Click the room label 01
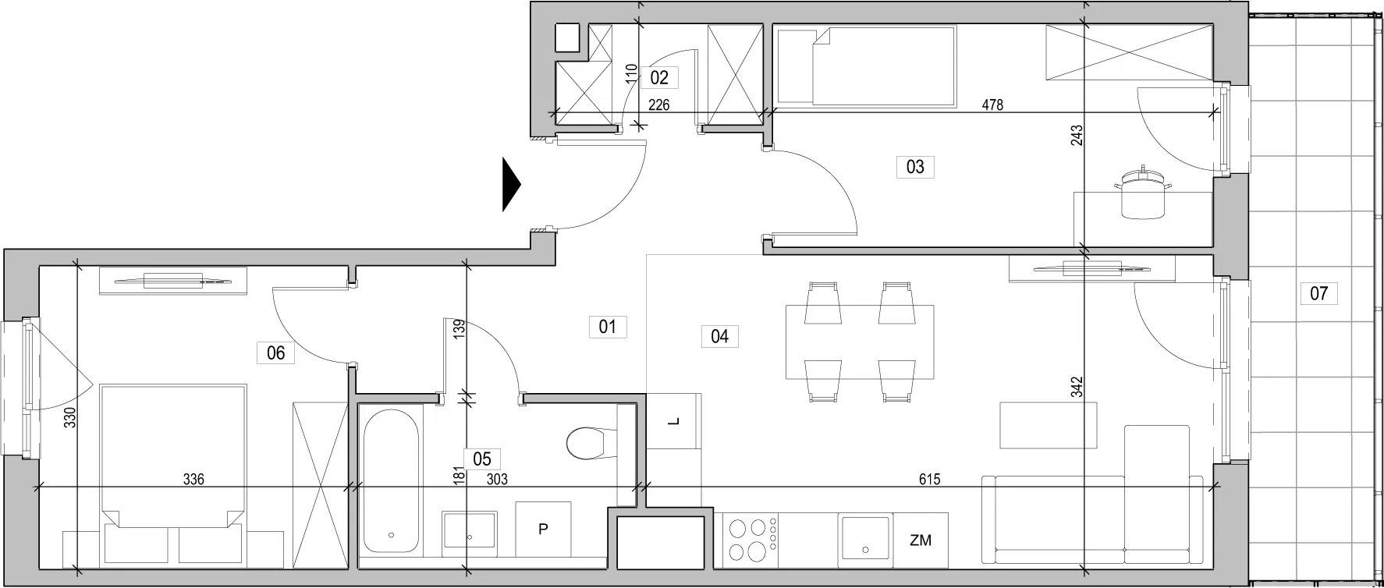click(607, 326)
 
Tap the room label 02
click(659, 77)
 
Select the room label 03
click(915, 166)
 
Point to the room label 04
click(719, 336)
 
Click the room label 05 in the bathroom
click(481, 459)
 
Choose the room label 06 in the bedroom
click(275, 352)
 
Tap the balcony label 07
click(1318, 293)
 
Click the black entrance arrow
click(511, 185)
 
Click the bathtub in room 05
click(391, 480)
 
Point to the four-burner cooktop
click(750, 539)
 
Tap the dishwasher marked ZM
click(921, 540)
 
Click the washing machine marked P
click(543, 530)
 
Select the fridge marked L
click(675, 421)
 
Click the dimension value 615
click(929, 480)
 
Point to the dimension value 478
click(992, 104)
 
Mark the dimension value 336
click(193, 480)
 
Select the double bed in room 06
click(174, 473)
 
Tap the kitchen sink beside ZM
click(866, 540)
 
